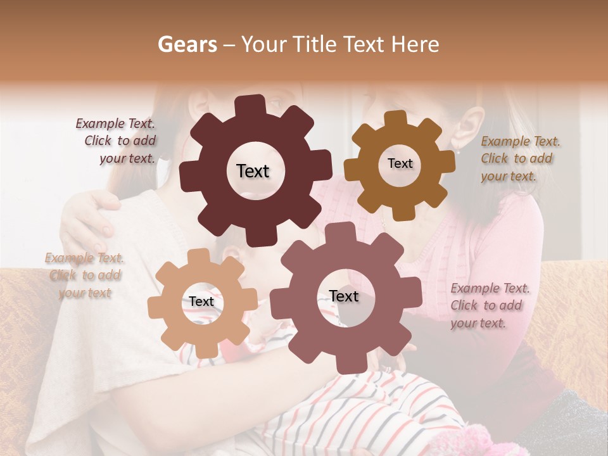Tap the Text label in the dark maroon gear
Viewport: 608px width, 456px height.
tap(253, 171)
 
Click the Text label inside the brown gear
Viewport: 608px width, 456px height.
tap(400, 163)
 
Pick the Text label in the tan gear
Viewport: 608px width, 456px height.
tap(201, 302)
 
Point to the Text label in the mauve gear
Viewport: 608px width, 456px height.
tap(344, 296)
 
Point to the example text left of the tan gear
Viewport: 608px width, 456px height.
tap(84, 275)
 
